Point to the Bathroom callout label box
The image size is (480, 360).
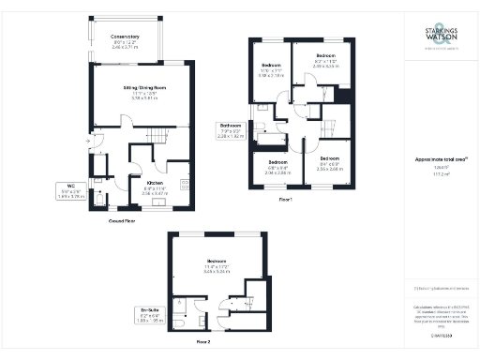click(x=232, y=130)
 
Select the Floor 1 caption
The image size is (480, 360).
click(x=286, y=200)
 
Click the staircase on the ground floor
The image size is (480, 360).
click(x=157, y=139)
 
